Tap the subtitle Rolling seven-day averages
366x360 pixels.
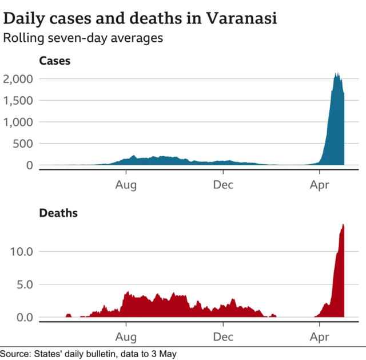coord(83,38)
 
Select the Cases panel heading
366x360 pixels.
coord(54,61)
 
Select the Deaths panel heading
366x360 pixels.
coord(58,213)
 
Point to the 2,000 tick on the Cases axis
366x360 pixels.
coord(18,79)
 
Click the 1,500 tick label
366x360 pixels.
coord(18,101)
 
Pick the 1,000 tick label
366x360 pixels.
coord(18,122)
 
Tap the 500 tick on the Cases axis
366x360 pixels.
coord(23,144)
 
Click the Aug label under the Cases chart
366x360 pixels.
coord(126,185)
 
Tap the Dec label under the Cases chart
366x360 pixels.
coord(223,185)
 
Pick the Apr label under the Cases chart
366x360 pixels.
coord(319,185)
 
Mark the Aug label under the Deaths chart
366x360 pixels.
coord(126,337)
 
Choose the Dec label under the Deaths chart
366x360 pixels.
coord(223,337)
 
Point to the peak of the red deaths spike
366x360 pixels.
coord(343,225)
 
